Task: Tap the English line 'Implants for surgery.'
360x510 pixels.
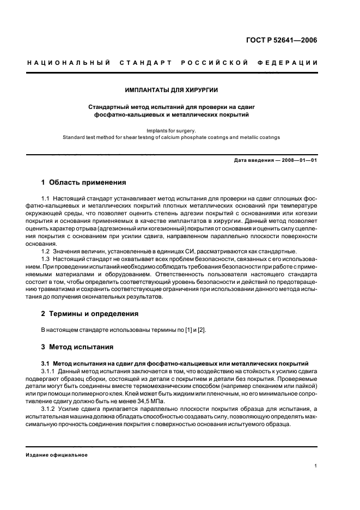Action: (x=180, y=131)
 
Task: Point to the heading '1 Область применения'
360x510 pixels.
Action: (x=84, y=182)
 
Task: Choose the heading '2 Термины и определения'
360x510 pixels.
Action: (x=90, y=314)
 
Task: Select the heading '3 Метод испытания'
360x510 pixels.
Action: (x=77, y=347)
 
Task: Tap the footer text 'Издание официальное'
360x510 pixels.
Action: (x=57, y=454)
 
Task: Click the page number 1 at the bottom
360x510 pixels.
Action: (x=315, y=466)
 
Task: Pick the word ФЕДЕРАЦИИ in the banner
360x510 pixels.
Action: (x=291, y=63)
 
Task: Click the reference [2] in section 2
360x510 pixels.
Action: (x=202, y=330)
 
